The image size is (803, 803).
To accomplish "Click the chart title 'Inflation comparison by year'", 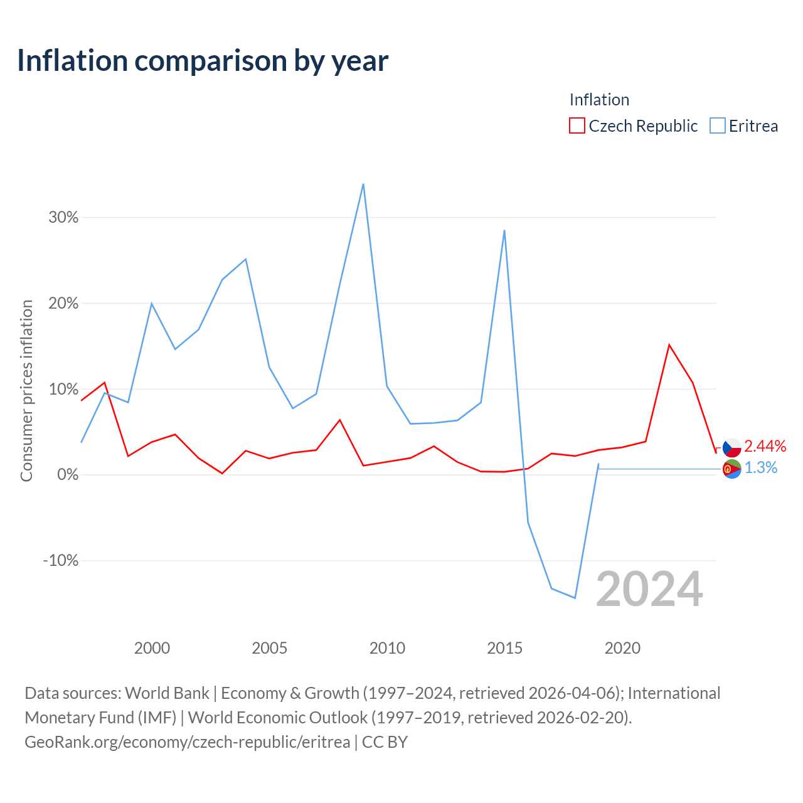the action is pyautogui.click(x=203, y=61).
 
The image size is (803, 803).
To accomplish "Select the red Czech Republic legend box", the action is pyautogui.click(x=577, y=125).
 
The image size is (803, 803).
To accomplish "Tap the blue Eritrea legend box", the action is pyautogui.click(x=717, y=125).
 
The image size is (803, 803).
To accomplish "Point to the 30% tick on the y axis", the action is pyautogui.click(x=63, y=217).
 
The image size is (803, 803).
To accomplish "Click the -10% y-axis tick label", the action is pyautogui.click(x=61, y=560).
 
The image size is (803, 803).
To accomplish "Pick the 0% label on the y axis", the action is pyautogui.click(x=68, y=475).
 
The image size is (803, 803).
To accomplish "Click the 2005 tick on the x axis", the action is pyautogui.click(x=270, y=648).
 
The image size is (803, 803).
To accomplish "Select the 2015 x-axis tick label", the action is pyautogui.click(x=504, y=648).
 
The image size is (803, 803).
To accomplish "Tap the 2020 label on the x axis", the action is pyautogui.click(x=622, y=648).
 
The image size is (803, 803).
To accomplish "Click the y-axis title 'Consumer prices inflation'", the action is pyautogui.click(x=26, y=391).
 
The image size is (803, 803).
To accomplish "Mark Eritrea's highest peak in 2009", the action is pyautogui.click(x=363, y=184).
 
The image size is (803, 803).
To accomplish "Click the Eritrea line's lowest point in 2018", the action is pyautogui.click(x=575, y=598).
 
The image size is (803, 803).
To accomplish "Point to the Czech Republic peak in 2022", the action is pyautogui.click(x=669, y=344).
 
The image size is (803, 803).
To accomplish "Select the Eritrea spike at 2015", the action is pyautogui.click(x=504, y=230).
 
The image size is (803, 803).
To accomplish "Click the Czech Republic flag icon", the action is pyautogui.click(x=731, y=447).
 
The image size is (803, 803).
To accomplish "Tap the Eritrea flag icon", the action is pyautogui.click(x=731, y=469).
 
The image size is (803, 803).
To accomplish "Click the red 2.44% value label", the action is pyautogui.click(x=765, y=446).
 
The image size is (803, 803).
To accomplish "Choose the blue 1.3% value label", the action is pyautogui.click(x=761, y=467).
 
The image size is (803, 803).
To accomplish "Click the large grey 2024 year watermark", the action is pyautogui.click(x=650, y=589).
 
